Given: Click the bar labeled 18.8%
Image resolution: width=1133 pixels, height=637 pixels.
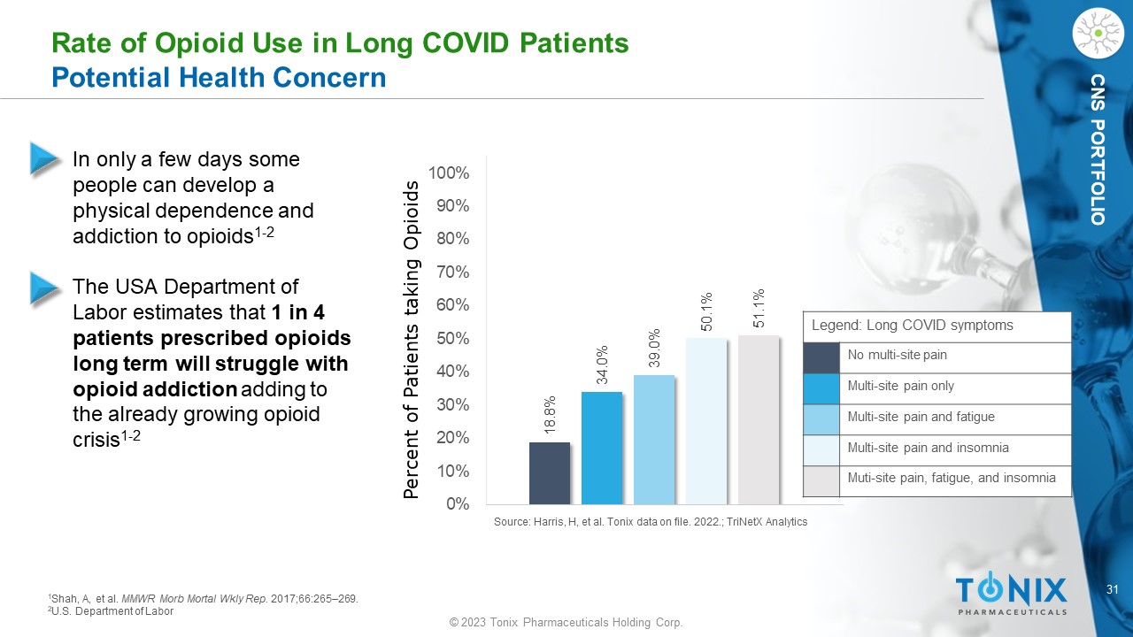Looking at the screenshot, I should tap(550, 472).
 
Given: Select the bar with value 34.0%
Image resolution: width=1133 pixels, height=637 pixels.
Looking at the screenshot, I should tap(602, 448).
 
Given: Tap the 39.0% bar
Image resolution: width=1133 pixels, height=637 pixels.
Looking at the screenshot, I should tap(654, 440).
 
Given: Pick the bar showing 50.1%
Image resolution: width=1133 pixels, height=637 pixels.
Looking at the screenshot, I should tap(706, 421).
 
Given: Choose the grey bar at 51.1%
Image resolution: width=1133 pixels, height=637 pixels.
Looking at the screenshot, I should tap(759, 419).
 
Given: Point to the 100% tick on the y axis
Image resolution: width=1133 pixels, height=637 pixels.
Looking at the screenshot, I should tap(450, 173).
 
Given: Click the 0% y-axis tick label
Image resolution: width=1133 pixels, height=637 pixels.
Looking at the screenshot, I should tap(458, 504).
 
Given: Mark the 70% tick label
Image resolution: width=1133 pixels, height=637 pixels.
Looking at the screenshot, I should tap(453, 272).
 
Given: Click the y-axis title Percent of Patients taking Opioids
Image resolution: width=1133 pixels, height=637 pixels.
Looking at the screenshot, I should tap(411, 340).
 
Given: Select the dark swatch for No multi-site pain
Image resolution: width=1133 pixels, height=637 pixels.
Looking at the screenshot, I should tap(821, 357).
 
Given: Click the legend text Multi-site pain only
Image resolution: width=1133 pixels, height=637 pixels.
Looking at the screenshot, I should tap(901, 386).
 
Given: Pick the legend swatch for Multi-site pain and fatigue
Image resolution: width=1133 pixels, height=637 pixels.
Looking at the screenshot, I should tap(821, 418).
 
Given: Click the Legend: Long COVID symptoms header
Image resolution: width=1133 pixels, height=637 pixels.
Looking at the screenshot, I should tap(912, 325).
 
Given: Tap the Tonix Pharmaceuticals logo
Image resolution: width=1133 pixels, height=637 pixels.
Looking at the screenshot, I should tap(1011, 594).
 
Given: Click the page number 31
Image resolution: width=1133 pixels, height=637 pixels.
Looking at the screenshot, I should tap(1115, 589).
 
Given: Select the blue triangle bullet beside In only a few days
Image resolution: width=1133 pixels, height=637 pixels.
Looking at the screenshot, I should tap(44, 157).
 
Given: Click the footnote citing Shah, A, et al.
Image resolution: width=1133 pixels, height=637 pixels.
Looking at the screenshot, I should tap(203, 599).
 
